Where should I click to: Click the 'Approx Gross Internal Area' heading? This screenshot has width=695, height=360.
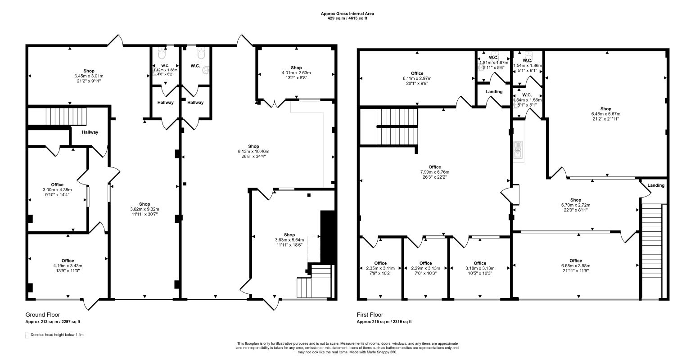click(x=347, y=13)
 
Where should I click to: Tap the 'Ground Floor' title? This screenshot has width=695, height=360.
click(x=42, y=315)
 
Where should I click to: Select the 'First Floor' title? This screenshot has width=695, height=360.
click(x=370, y=315)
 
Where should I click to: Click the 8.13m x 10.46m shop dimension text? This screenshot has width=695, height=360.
click(x=253, y=152)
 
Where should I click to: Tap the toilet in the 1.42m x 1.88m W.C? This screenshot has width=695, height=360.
click(x=162, y=54)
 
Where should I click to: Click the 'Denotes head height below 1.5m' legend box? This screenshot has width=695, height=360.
click(x=27, y=335)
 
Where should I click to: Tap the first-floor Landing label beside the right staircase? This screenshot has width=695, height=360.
click(x=656, y=185)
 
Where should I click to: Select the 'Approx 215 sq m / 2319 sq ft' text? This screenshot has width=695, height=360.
click(x=384, y=322)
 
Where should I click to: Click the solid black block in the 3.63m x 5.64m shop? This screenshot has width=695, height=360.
click(x=328, y=237)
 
